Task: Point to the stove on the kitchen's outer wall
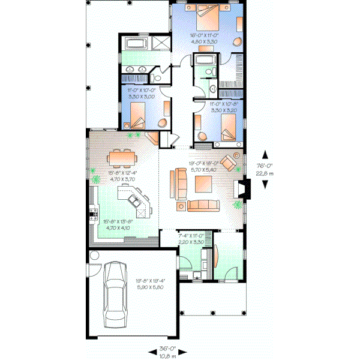click(x=92, y=211)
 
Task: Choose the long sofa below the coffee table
click(x=205, y=206)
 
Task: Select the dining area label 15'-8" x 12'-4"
click(x=122, y=173)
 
